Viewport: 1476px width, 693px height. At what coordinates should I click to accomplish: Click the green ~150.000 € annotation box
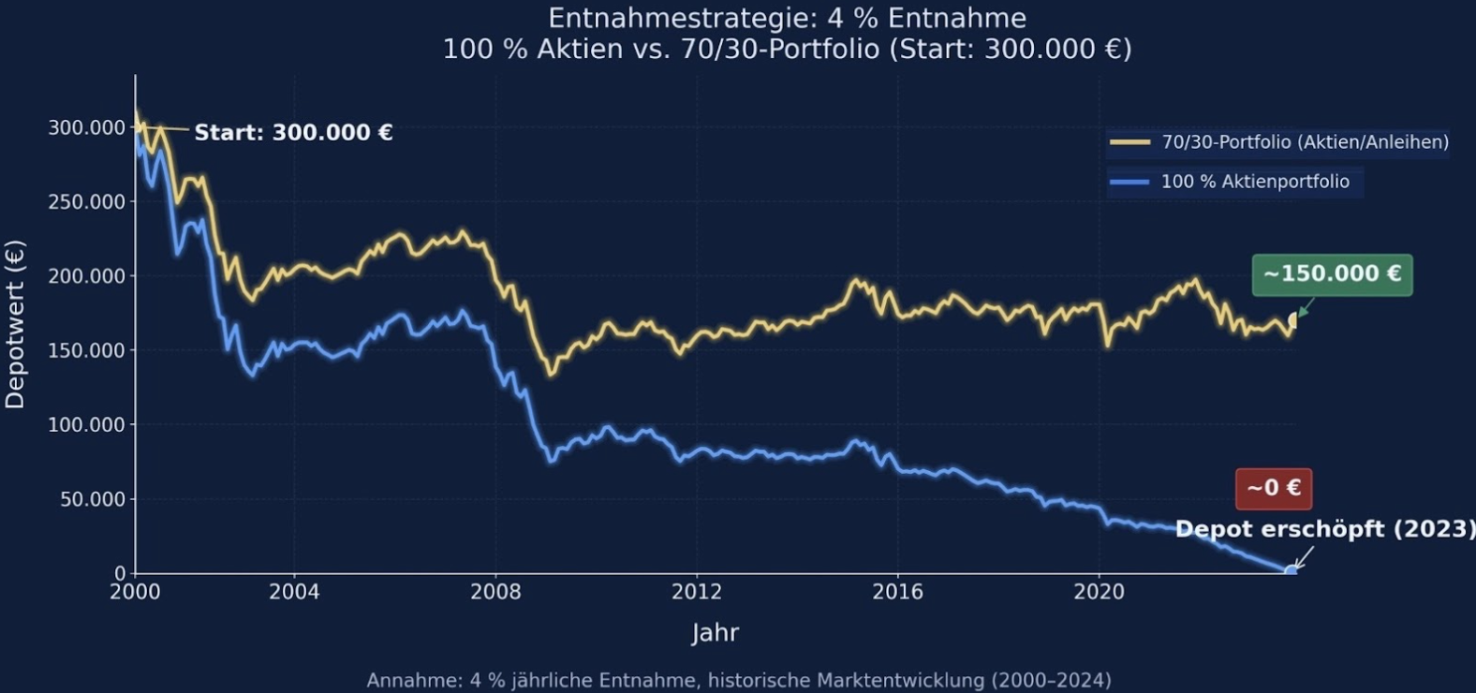click(1332, 274)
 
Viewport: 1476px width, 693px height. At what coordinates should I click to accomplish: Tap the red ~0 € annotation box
click(1273, 488)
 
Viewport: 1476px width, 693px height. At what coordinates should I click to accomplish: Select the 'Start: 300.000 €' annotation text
click(293, 133)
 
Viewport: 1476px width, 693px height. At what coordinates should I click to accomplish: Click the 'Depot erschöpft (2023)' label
click(1324, 529)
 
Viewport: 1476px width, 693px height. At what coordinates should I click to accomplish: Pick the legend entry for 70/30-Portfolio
click(1278, 142)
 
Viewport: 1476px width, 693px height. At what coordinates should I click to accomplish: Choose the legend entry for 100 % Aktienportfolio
click(1234, 182)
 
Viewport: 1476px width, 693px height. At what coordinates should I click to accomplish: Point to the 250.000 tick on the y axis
click(86, 201)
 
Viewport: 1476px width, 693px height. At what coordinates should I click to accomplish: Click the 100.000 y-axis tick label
click(86, 425)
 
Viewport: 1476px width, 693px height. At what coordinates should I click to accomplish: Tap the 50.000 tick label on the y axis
click(92, 499)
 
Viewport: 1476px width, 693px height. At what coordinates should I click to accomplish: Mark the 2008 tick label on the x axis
click(495, 592)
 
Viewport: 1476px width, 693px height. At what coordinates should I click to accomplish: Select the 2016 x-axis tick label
click(897, 592)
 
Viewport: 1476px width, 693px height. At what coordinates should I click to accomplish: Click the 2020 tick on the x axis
click(1099, 592)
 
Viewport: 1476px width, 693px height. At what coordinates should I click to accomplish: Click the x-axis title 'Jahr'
click(715, 633)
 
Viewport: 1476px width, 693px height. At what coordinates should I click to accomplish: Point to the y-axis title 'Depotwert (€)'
click(15, 324)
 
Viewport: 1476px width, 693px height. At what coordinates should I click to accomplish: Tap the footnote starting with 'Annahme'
click(738, 680)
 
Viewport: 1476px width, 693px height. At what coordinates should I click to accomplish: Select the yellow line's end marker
click(1293, 321)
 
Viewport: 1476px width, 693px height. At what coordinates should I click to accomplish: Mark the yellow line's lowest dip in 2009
click(551, 374)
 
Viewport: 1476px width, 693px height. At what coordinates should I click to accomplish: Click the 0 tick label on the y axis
click(120, 573)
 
